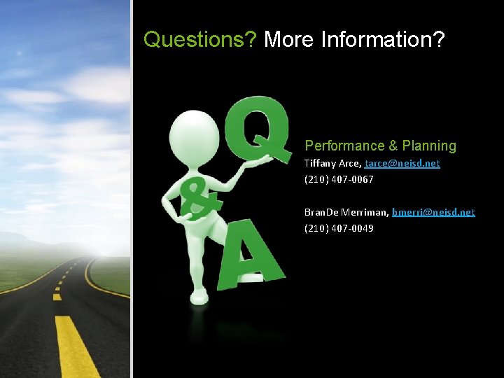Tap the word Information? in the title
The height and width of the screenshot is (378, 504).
coord(383,40)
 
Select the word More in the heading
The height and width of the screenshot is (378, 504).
coord(289,40)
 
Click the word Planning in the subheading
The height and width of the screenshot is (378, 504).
coord(429,146)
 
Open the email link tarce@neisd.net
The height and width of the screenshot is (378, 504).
coord(402,163)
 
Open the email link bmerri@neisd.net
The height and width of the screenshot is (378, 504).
coord(433,211)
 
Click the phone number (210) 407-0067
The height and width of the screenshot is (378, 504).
coord(339,179)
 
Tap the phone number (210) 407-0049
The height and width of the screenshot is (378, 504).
coord(339,227)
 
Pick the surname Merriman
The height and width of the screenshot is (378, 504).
coord(365,211)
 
